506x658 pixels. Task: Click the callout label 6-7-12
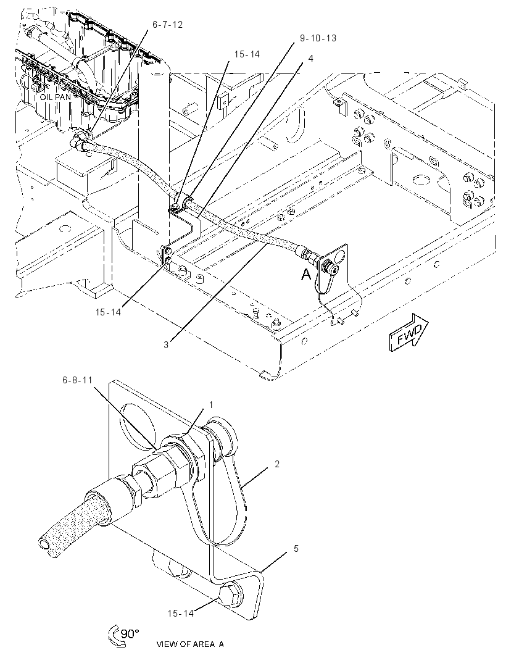[167, 25]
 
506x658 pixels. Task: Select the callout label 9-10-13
[318, 38]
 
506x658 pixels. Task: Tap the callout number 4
[310, 58]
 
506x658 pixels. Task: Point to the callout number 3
[166, 345]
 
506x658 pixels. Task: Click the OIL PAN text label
[56, 97]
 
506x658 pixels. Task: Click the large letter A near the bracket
[307, 275]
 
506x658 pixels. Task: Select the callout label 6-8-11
[77, 380]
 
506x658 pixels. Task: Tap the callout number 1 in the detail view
[211, 405]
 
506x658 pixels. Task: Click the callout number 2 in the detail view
[277, 464]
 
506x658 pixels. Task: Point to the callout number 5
[296, 549]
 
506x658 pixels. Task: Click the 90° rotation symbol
[123, 635]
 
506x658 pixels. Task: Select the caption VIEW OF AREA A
[190, 644]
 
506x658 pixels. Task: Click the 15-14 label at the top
[247, 54]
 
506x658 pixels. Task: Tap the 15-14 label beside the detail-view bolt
[180, 614]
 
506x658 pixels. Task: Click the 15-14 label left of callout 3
[108, 312]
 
